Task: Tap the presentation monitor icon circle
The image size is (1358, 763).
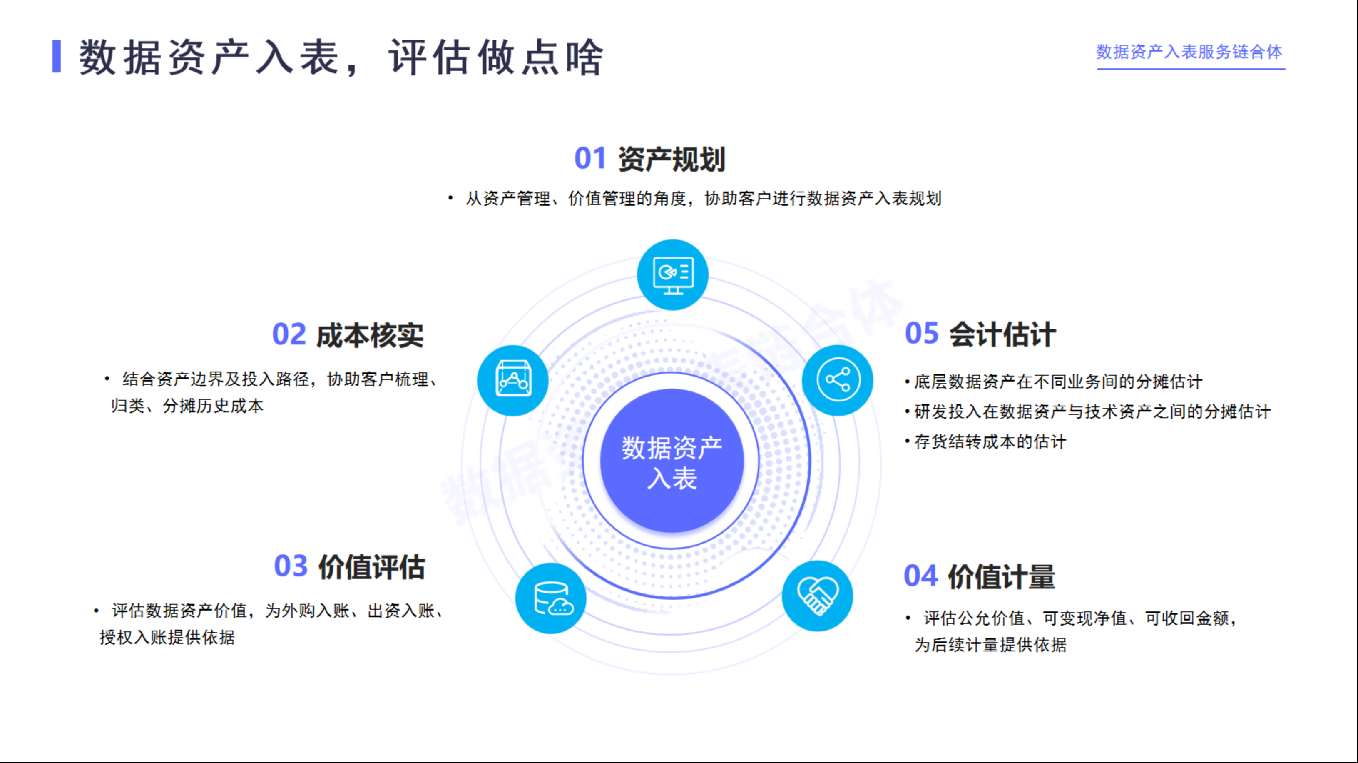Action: pyautogui.click(x=673, y=275)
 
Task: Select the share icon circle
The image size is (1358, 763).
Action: pyautogui.click(x=838, y=380)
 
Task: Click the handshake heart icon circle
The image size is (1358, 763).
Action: pyautogui.click(x=817, y=596)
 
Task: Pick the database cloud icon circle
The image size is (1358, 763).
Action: pyautogui.click(x=551, y=598)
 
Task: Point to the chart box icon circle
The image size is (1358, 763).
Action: pyautogui.click(x=513, y=380)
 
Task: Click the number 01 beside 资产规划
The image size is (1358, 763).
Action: pyautogui.click(x=590, y=158)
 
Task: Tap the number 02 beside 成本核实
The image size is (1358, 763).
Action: pyautogui.click(x=289, y=334)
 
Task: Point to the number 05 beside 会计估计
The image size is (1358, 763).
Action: pyautogui.click(x=922, y=333)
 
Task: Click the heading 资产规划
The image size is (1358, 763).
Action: pyautogui.click(x=672, y=159)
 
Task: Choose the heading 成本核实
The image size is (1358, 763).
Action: pyautogui.click(x=370, y=335)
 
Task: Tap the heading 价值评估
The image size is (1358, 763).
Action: pyautogui.click(x=372, y=567)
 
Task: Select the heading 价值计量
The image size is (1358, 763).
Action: pyautogui.click(x=1002, y=576)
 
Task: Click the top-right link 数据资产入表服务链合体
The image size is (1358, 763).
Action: pyautogui.click(x=1190, y=52)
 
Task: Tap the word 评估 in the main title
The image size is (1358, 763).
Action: pyautogui.click(x=429, y=57)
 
